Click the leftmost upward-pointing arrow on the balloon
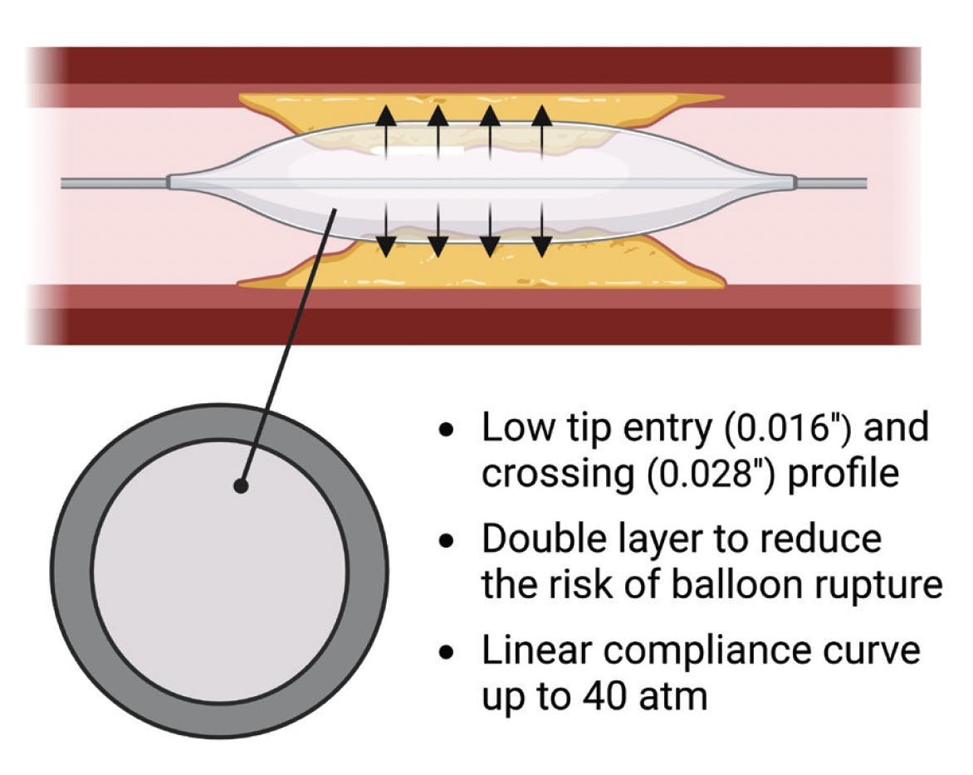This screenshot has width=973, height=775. [x=384, y=133]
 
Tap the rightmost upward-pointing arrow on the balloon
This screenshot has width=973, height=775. [x=541, y=133]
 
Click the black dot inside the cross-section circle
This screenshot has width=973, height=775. [x=241, y=485]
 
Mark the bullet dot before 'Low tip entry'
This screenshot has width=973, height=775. [x=448, y=431]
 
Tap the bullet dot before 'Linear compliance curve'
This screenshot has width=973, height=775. [x=448, y=652]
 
